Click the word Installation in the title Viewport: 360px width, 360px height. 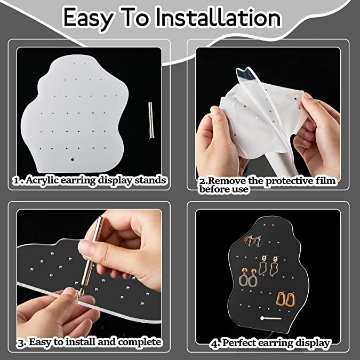(x=218, y=18)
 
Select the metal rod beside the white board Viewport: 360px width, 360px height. (x=151, y=121)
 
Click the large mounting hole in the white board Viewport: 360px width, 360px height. (x=73, y=159)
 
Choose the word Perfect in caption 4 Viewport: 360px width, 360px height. (x=239, y=343)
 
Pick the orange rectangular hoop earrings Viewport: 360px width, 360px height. (x=285, y=300)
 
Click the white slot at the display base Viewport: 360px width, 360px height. (x=271, y=318)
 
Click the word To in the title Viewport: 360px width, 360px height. (x=135, y=18)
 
